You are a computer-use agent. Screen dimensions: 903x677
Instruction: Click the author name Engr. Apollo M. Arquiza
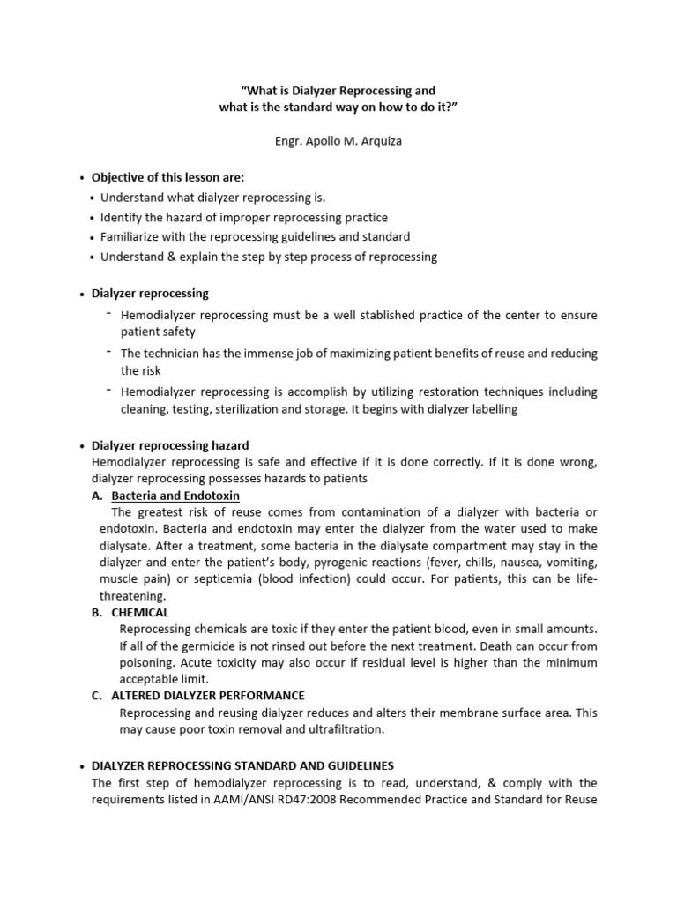click(338, 140)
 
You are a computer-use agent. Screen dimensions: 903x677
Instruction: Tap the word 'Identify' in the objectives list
click(123, 217)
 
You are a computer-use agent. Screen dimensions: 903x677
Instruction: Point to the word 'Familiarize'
click(131, 237)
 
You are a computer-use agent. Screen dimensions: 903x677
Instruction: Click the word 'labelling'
click(487, 409)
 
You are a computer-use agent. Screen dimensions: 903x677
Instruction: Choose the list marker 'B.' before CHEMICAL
click(97, 612)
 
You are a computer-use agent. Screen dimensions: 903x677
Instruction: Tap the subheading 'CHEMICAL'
click(140, 612)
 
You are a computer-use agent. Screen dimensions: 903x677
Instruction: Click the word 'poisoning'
click(147, 662)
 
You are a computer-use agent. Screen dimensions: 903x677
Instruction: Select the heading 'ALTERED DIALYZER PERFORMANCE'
click(208, 696)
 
